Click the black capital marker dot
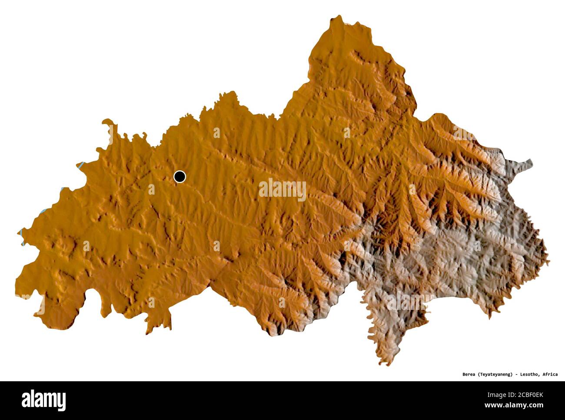pyautogui.click(x=179, y=177)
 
